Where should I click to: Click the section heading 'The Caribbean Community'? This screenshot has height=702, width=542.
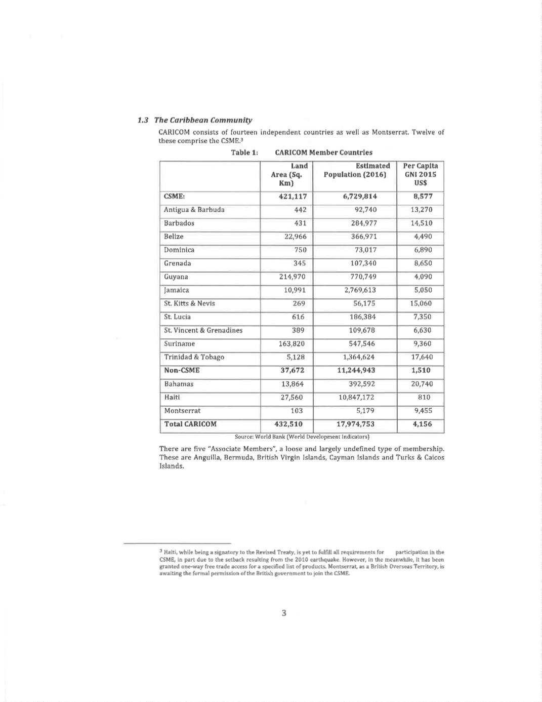pyautogui.click(x=203, y=120)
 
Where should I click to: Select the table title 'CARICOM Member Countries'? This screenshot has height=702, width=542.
pyautogui.click(x=323, y=152)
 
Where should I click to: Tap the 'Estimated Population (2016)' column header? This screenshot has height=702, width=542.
pyautogui.click(x=357, y=170)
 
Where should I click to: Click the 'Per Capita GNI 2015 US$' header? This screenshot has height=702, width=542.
pyautogui.click(x=421, y=174)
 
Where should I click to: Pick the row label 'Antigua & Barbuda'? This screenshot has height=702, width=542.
pyautogui.click(x=194, y=210)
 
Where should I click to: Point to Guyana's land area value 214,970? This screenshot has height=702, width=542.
pyautogui.click(x=293, y=277)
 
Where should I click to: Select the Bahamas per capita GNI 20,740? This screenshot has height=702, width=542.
pyautogui.click(x=422, y=384)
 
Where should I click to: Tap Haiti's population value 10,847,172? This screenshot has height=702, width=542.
pyautogui.click(x=357, y=397)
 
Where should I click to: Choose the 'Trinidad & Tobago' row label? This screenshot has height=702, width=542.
pyautogui.click(x=194, y=357)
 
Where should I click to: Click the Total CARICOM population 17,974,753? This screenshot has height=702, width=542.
pyautogui.click(x=356, y=424)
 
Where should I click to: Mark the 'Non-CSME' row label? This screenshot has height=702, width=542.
pyautogui.click(x=182, y=370)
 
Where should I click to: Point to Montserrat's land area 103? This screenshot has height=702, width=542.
pyautogui.click(x=297, y=411)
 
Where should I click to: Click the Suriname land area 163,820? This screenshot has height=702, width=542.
pyautogui.click(x=293, y=343)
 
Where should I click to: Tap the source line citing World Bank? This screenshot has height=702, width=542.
pyautogui.click(x=302, y=437)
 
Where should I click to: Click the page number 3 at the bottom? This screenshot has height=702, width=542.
pyautogui.click(x=284, y=613)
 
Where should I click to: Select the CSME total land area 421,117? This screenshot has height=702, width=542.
pyautogui.click(x=293, y=197)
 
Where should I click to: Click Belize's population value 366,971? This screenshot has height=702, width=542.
pyautogui.click(x=364, y=237)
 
